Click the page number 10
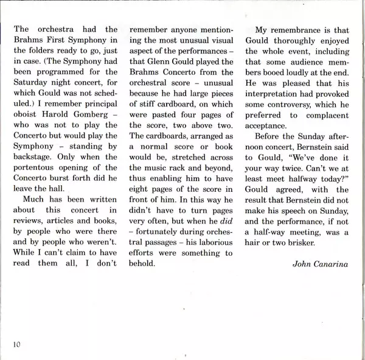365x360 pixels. point(16,345)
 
